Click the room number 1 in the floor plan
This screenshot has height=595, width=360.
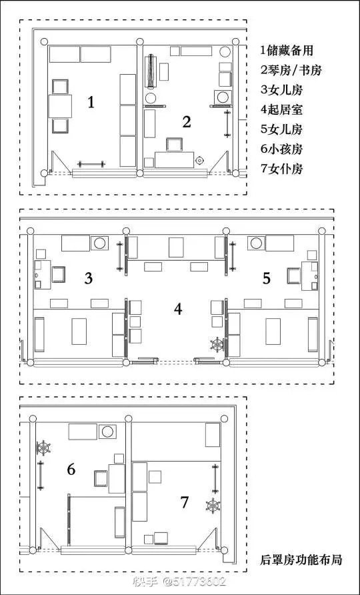pyautogui.click(x=91, y=102)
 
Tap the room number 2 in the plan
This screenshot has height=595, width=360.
pyautogui.click(x=186, y=122)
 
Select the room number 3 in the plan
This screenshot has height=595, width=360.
pyautogui.click(x=89, y=279)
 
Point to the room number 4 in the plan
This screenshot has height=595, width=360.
pyautogui.click(x=178, y=310)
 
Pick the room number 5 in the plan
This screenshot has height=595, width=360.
pyautogui.click(x=266, y=279)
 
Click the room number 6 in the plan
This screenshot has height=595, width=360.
pyautogui.click(x=71, y=470)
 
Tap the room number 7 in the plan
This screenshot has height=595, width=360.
pyautogui.click(x=185, y=502)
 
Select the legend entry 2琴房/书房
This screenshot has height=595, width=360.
pyautogui.click(x=291, y=70)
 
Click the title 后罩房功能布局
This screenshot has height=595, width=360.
pyautogui.click(x=301, y=560)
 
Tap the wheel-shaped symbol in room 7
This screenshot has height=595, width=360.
pyautogui.click(x=213, y=506)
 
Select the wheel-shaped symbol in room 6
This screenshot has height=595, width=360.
pyautogui.click(x=43, y=448)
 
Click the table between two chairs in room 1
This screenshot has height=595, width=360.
pyautogui.click(x=60, y=106)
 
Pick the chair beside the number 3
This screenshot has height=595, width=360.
pyautogui.click(x=59, y=275)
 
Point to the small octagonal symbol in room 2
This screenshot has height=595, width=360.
pyautogui.click(x=199, y=161)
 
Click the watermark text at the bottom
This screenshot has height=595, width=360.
pyautogui.click(x=179, y=582)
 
